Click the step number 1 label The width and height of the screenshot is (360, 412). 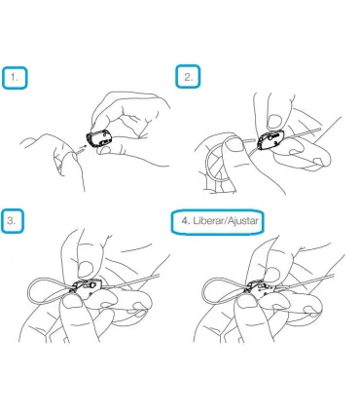coord(15,78)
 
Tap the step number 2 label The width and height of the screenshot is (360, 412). coord(189,77)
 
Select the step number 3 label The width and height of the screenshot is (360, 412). coord(11,221)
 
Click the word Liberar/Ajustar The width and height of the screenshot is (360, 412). coord(226,221)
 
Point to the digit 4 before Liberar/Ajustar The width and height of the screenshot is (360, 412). coord(185,221)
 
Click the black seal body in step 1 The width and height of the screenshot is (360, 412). coord(97,139)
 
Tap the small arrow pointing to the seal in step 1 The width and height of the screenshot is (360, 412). coord(82,148)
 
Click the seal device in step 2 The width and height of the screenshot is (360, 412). coord(270,140)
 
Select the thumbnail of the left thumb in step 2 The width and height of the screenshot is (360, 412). coord(234,145)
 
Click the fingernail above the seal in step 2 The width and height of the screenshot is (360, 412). coord(274,121)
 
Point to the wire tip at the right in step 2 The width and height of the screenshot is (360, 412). coord(320,129)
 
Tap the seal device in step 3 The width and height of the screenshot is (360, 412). coord(86,287)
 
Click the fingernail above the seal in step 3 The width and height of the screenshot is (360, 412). coord(86,268)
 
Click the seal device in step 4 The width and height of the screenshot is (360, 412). coord(261,288)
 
